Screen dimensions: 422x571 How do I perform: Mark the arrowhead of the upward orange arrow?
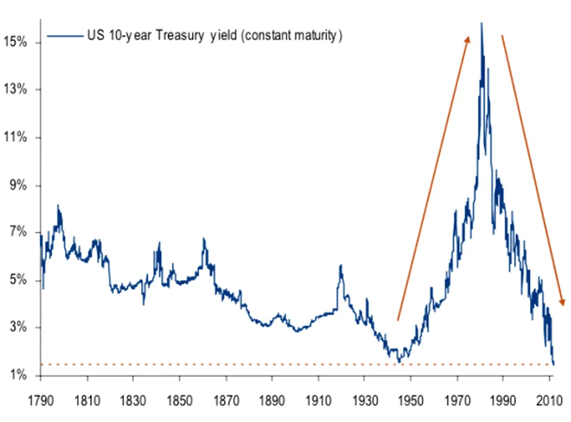click(x=467, y=38)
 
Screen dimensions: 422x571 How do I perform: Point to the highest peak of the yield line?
click(x=481, y=24)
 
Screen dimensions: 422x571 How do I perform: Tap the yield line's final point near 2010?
click(x=554, y=364)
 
